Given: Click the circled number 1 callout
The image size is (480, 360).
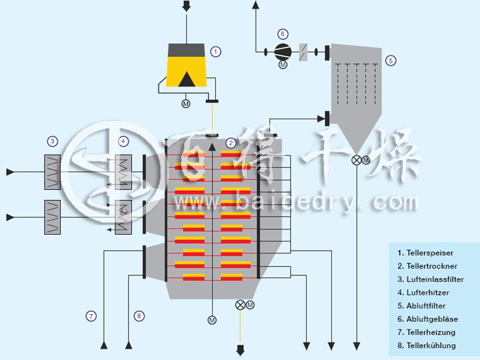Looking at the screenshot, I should [215, 51].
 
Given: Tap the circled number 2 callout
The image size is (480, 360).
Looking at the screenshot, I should [231, 142].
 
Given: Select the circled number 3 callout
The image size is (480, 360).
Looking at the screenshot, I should [52, 141].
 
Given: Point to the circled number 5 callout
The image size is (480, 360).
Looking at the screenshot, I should [391, 60].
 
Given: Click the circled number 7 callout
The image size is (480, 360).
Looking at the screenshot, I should [91, 316].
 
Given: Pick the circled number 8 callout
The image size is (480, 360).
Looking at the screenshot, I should [139, 316].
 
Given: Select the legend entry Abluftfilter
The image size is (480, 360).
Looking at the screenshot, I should [421, 306].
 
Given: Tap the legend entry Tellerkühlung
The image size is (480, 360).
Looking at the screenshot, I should [426, 345].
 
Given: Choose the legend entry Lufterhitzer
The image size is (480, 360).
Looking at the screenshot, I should [423, 293].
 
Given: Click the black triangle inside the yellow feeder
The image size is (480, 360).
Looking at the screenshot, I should [187, 78].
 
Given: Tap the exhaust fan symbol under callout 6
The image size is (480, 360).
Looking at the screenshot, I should [283, 51].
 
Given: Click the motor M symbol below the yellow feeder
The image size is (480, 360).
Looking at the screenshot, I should [186, 104].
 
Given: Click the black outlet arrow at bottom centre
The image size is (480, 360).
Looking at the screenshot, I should [240, 350].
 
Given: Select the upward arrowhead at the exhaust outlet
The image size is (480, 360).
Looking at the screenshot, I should [256, 5].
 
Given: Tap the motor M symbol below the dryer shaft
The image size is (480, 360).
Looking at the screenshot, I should [212, 320].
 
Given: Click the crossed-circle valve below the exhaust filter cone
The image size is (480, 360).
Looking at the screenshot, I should [357, 160].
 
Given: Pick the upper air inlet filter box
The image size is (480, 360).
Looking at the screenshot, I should [52, 167].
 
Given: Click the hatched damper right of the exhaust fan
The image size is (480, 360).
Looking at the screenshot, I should [304, 51].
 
